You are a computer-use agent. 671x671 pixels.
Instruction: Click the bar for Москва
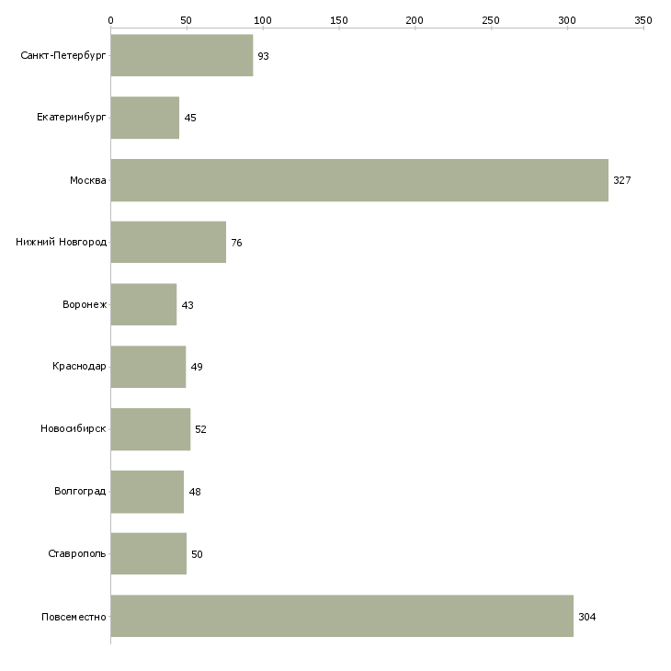point(359,180)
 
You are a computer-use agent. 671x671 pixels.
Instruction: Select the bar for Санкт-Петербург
point(182,56)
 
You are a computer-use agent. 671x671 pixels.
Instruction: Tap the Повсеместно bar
point(342,616)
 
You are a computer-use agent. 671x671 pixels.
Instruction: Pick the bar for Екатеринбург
point(145,118)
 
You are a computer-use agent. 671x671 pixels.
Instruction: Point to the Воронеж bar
point(143,304)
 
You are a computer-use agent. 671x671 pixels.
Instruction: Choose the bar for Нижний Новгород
point(168,243)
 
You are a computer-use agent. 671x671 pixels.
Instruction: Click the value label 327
point(622,180)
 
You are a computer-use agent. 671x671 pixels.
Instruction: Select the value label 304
point(587,617)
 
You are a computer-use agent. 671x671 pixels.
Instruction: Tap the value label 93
point(263,56)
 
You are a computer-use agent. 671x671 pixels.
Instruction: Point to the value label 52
point(200,429)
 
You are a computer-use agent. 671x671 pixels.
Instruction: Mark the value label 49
point(197,367)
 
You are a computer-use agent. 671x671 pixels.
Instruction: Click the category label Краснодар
point(79,367)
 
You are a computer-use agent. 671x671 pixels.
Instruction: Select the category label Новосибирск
point(74,429)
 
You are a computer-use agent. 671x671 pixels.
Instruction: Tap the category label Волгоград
point(80,492)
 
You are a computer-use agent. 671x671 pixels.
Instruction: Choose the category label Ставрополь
point(77,554)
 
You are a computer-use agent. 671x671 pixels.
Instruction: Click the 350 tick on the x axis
point(643,19)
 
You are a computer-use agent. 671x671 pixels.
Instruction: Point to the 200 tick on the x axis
point(415,19)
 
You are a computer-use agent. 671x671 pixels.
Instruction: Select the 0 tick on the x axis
point(110,19)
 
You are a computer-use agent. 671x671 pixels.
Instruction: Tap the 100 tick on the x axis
point(263,19)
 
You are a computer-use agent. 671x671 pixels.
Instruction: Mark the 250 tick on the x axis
point(491,19)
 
